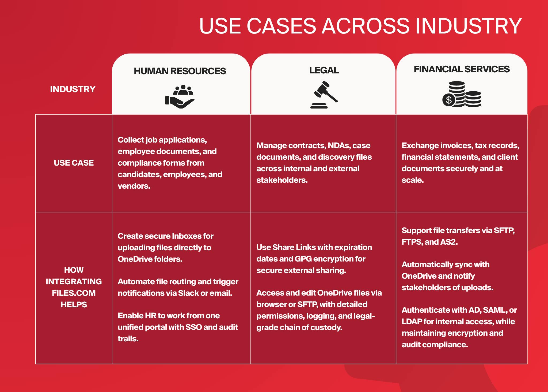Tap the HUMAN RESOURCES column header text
(180, 71)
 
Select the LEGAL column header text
(324, 70)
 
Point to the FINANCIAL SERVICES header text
(462, 69)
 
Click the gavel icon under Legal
(324, 95)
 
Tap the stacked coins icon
(462, 94)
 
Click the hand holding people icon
(180, 96)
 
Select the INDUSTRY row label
(73, 89)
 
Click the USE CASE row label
(74, 163)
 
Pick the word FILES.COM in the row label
(74, 293)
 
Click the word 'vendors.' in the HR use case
(134, 186)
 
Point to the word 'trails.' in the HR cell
(128, 339)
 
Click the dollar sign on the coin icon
(449, 100)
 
